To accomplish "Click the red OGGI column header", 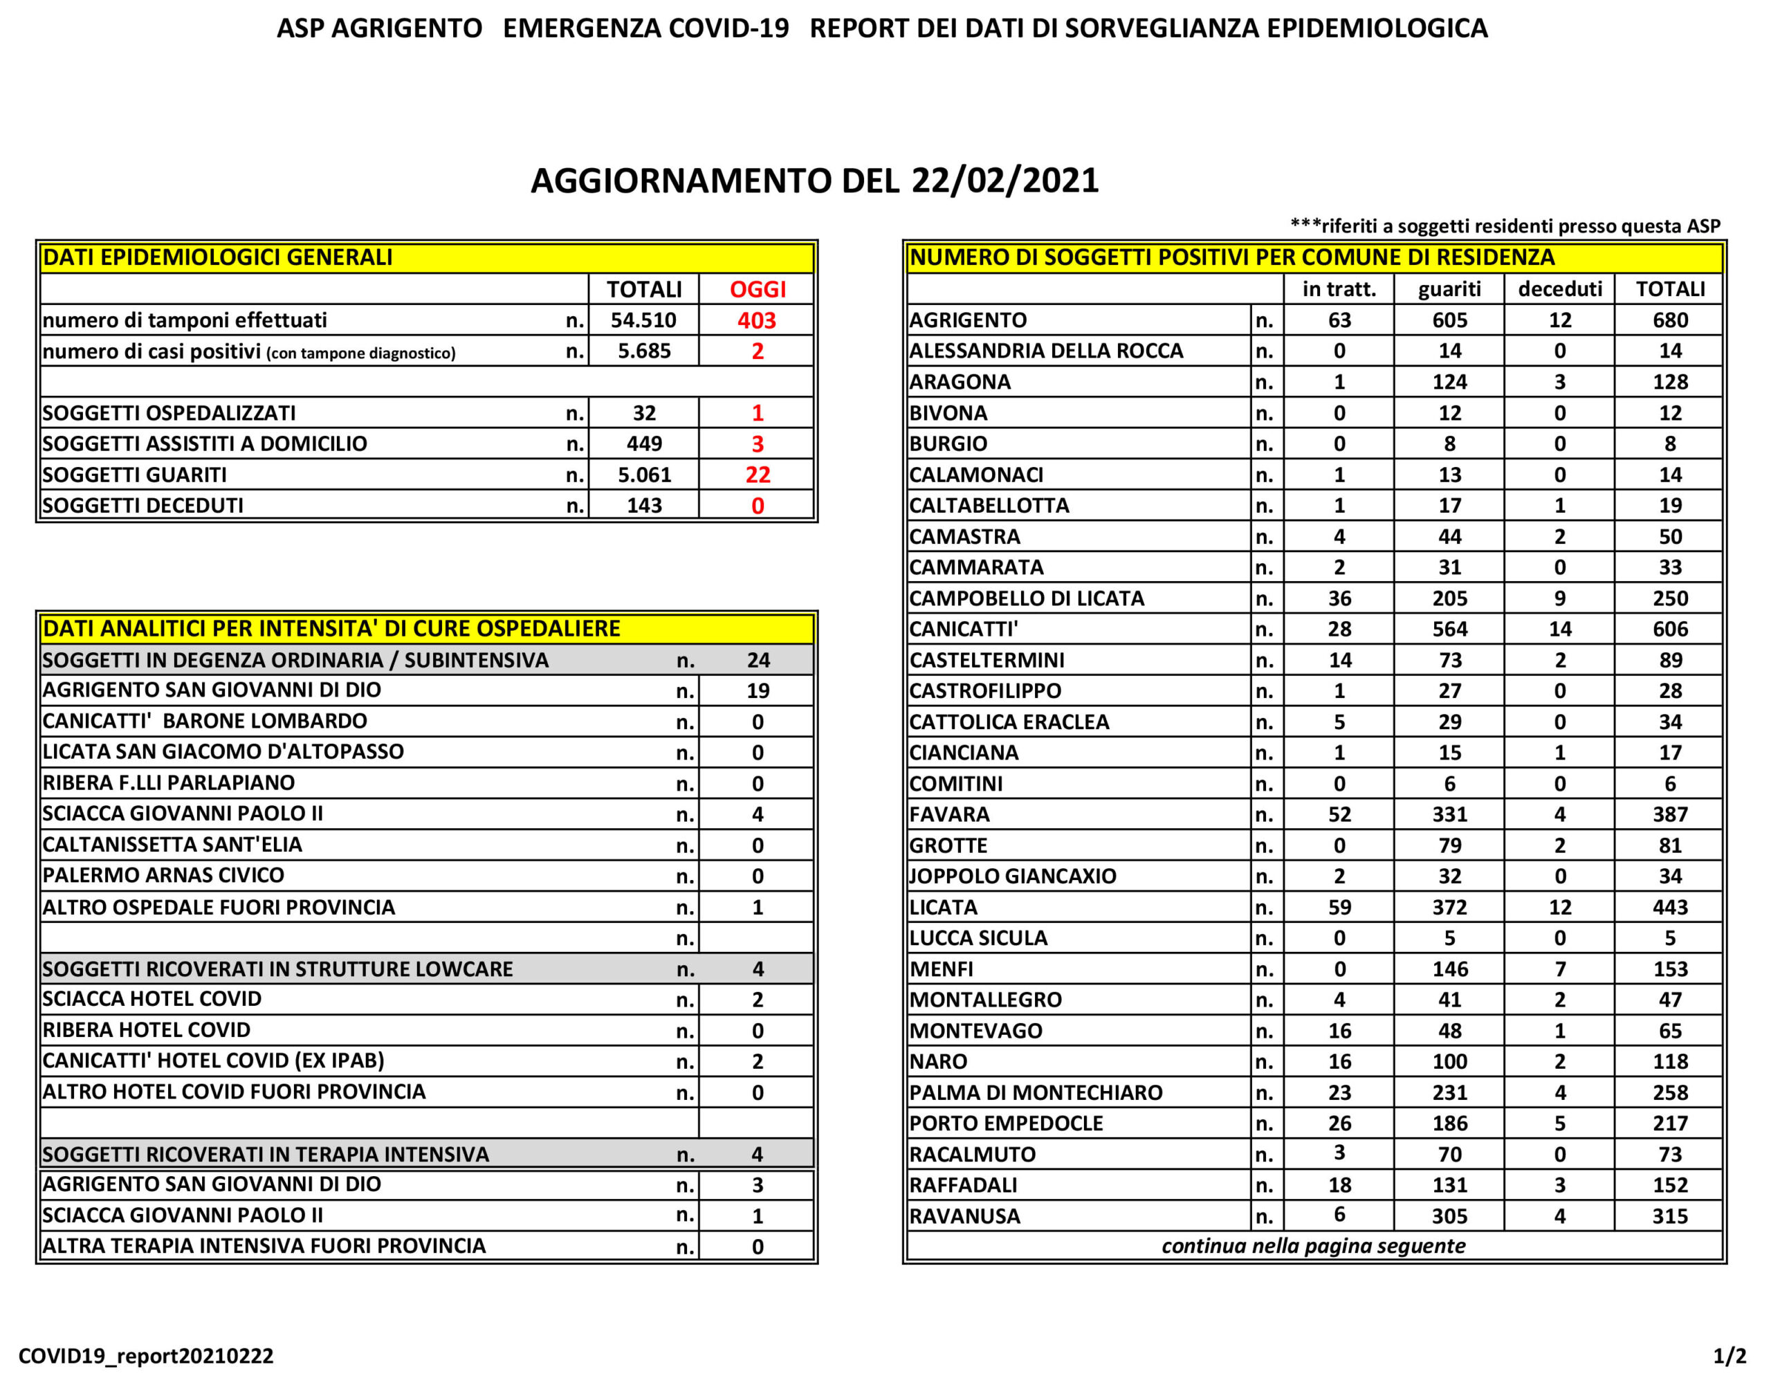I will (758, 289).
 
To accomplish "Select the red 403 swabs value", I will (757, 320).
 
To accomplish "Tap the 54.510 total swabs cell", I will (643, 320).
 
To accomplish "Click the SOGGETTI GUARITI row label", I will (135, 475).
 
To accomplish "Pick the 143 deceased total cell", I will (644, 506).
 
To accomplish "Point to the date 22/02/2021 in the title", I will (1004, 181).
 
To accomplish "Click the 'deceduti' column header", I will (1559, 289).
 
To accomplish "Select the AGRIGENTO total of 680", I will (1669, 320).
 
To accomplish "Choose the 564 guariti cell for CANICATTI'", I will (1449, 630).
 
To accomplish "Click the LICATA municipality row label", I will (943, 908).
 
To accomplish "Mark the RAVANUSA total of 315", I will (1669, 1216).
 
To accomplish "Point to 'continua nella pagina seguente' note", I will (1313, 1246).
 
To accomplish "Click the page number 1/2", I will (1729, 1356).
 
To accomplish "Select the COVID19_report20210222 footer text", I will (146, 1356).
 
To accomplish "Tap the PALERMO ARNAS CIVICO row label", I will (164, 876).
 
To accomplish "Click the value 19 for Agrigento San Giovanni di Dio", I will (757, 691).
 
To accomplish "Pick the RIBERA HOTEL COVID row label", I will (147, 1031).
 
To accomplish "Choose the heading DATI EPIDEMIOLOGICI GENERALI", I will (217, 258).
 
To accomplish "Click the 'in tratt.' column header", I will (1339, 289).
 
